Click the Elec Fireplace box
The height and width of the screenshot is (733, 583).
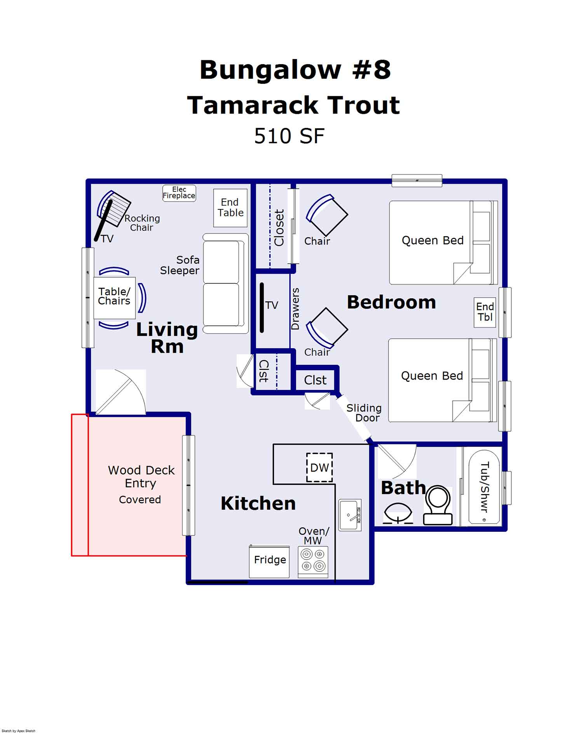[x=179, y=193]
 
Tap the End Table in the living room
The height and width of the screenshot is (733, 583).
[x=230, y=208]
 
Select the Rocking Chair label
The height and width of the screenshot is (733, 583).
[x=142, y=223]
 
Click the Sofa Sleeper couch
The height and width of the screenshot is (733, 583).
[x=225, y=284]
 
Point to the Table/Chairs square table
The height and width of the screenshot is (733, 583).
[x=114, y=297]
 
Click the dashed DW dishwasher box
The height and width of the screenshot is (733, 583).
[x=319, y=468]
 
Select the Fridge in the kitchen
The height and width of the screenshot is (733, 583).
[x=269, y=561]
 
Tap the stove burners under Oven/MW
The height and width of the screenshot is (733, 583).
[x=313, y=560]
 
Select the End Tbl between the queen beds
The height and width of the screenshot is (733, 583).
[x=485, y=312]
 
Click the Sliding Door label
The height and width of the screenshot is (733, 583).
[x=364, y=413]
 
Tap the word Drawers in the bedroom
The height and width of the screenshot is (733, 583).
[x=295, y=309]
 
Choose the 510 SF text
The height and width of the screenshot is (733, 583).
[x=289, y=136]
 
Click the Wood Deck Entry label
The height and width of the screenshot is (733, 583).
[x=141, y=477]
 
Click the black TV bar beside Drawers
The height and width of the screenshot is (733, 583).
[x=262, y=308]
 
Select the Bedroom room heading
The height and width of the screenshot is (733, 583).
[x=391, y=303]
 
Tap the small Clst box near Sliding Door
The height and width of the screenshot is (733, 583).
[x=315, y=380]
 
